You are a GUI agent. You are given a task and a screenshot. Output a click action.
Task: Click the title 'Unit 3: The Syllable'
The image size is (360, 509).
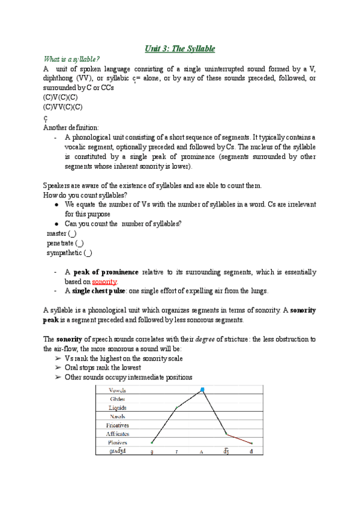tap(180, 48)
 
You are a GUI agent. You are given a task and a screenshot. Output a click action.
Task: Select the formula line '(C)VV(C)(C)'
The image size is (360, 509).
tap(63, 107)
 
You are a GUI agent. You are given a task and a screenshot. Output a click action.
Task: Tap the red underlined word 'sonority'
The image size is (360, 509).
tap(104, 281)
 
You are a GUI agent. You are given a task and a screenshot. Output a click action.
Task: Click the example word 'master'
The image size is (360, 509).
tap(57, 233)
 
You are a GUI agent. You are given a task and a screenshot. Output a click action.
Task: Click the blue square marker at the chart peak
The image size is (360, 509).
tap(202, 390)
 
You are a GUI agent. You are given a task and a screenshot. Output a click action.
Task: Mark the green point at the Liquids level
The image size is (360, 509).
tap(176, 408)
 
